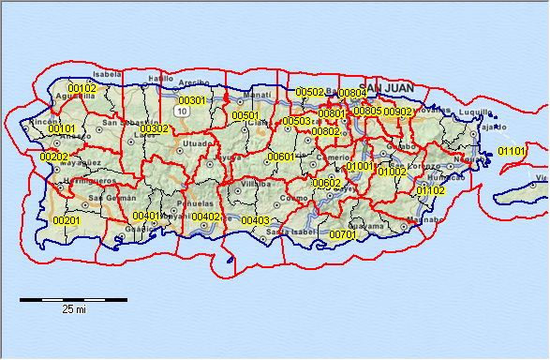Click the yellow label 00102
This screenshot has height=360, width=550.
click(x=82, y=89)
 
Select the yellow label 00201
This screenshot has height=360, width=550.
click(x=67, y=220)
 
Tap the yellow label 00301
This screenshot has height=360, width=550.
click(x=191, y=100)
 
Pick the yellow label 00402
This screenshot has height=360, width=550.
click(x=206, y=217)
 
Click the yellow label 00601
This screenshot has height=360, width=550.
click(x=281, y=157)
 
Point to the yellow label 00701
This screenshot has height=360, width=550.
click(x=343, y=234)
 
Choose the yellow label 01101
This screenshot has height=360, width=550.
click(x=512, y=151)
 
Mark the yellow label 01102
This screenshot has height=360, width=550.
click(x=431, y=190)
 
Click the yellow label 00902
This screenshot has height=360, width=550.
click(x=398, y=112)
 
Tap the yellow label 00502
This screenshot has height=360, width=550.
click(x=310, y=92)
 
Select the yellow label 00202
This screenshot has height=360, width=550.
click(x=54, y=157)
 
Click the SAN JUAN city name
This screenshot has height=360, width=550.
click(x=387, y=87)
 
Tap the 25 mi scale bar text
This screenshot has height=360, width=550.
click(x=74, y=308)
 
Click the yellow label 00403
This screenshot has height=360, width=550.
click(x=256, y=220)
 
